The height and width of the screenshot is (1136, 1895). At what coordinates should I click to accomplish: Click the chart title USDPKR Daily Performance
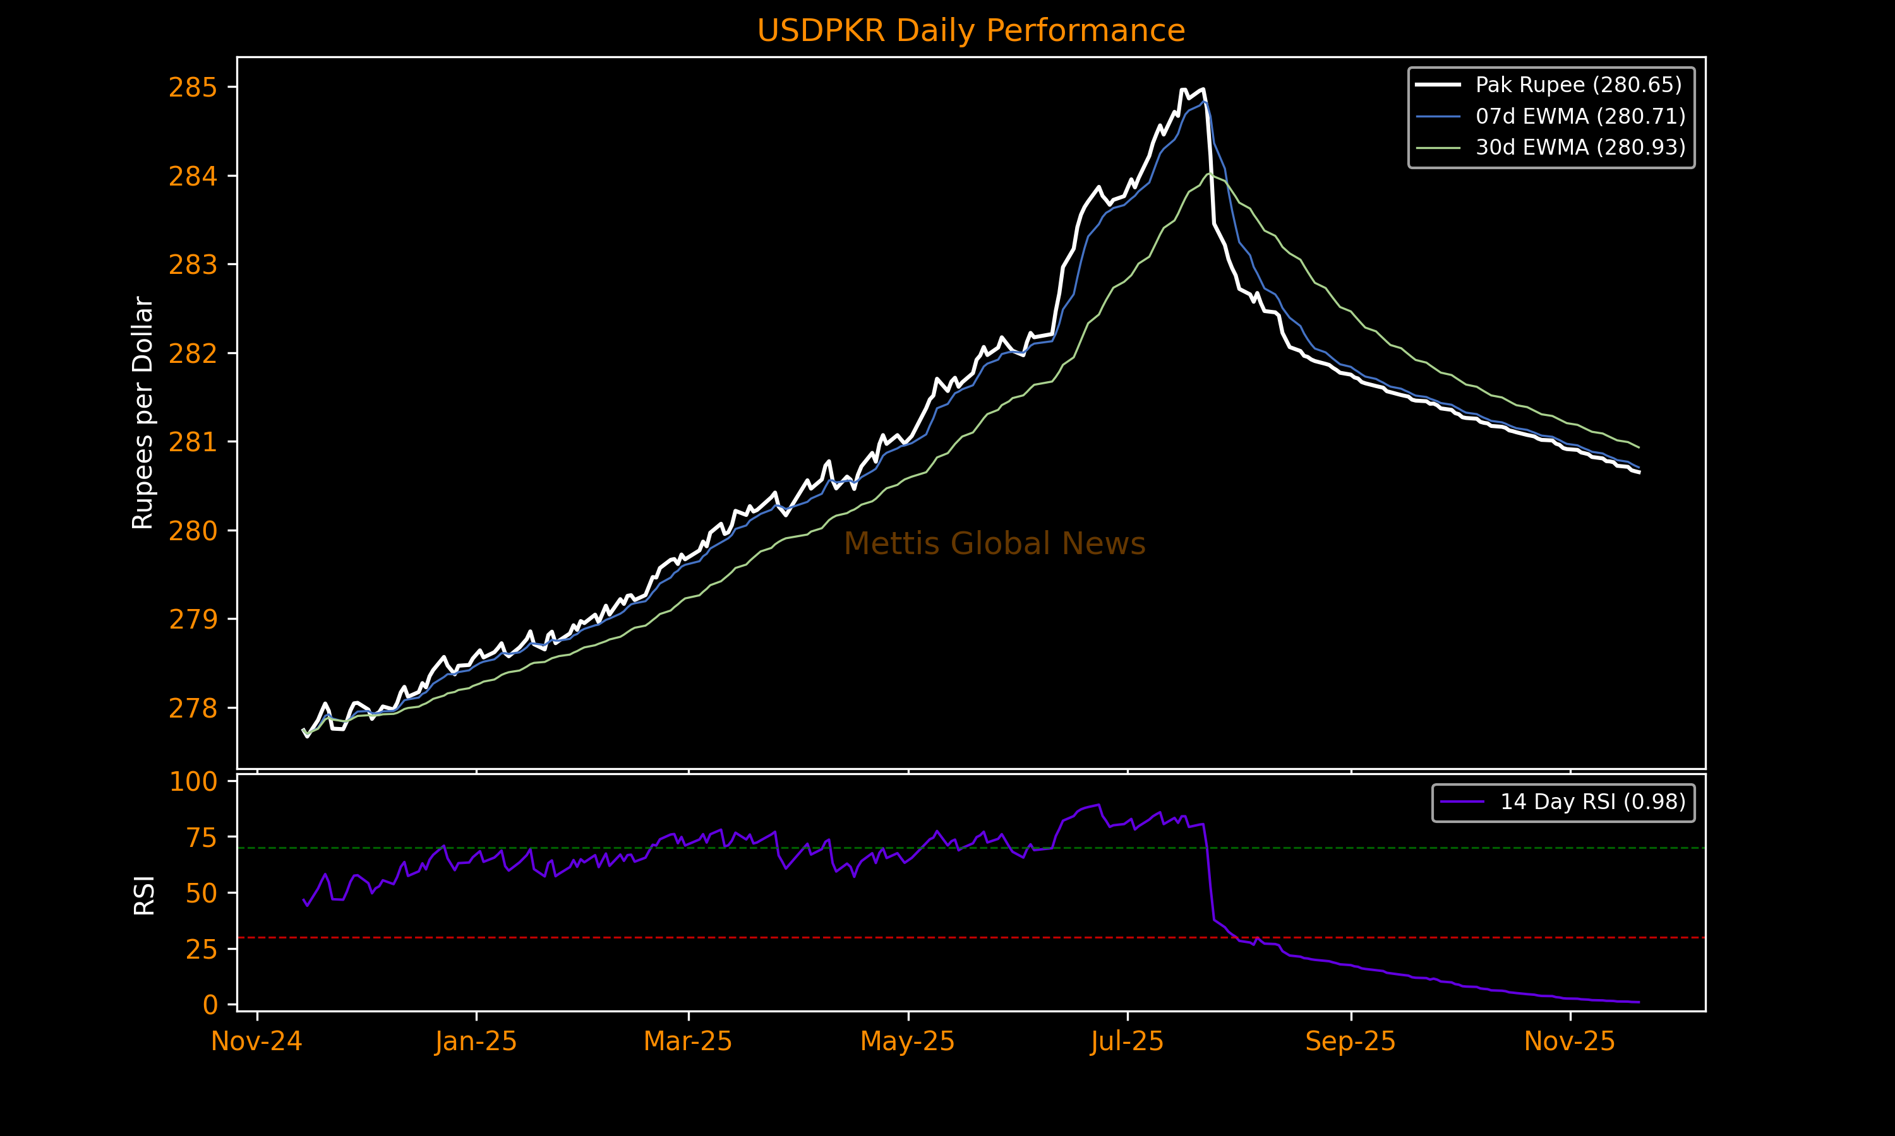click(x=970, y=31)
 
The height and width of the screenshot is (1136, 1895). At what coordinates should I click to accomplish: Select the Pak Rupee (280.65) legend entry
click(x=1578, y=84)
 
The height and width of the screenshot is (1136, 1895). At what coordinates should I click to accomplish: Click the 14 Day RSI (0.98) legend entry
click(x=1592, y=802)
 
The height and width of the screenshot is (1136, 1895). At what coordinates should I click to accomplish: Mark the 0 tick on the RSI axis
click(x=210, y=1004)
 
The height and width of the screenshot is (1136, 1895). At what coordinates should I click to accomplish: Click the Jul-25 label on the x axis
click(x=1127, y=1042)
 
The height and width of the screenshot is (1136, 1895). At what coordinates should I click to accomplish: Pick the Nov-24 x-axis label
click(x=256, y=1042)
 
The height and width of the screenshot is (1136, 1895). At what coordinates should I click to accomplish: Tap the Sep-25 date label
click(x=1351, y=1042)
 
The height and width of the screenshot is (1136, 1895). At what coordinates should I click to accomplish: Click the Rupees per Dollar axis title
click(x=143, y=413)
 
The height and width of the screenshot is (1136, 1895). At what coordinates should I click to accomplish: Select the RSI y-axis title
click(x=144, y=894)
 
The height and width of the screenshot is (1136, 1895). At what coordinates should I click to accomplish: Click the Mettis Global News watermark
click(x=994, y=543)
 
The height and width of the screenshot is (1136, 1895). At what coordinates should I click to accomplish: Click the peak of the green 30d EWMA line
click(x=1210, y=175)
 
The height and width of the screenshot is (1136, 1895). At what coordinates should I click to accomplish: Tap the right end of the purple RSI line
click(x=1639, y=1002)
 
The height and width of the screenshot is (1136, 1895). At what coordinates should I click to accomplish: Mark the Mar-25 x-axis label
click(x=688, y=1042)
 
